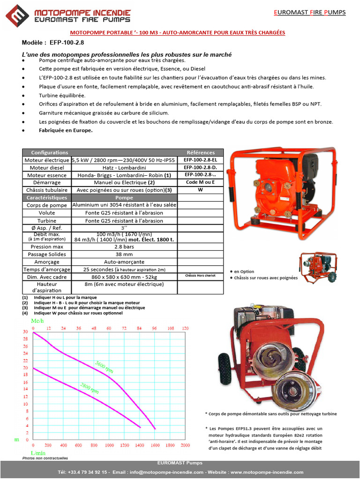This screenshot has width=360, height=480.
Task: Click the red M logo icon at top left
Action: pyautogui.click(x=17, y=16)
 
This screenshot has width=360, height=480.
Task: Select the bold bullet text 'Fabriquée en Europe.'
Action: pyautogui.click(x=66, y=131)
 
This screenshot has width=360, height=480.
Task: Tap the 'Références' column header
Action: pyautogui.click(x=201, y=153)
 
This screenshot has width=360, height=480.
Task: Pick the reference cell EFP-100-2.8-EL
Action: pyautogui.click(x=201, y=160)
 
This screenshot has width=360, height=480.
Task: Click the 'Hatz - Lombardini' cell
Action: pyautogui.click(x=124, y=167)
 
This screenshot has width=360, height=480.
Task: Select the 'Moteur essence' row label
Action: pyautogui.click(x=46, y=175)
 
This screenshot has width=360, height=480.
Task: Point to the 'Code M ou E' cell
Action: pyautogui.click(x=201, y=182)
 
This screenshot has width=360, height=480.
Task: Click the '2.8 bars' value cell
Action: pyautogui.click(x=124, y=247)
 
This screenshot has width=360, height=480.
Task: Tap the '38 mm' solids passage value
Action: pyautogui.click(x=124, y=254)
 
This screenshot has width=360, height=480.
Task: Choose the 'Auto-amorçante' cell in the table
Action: pyautogui.click(x=124, y=262)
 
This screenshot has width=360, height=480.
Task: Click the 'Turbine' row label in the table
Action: pyautogui.click(x=46, y=221)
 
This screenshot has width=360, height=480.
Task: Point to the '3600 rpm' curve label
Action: pyautogui.click(x=104, y=367)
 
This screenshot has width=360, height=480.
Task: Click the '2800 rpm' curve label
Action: pyautogui.click(x=89, y=388)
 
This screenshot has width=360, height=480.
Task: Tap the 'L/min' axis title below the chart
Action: pyautogui.click(x=38, y=453)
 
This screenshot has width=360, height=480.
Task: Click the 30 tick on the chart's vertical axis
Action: pyautogui.click(x=25, y=331)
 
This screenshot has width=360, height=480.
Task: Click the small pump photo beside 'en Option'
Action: pyautogui.click(x=319, y=267)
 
